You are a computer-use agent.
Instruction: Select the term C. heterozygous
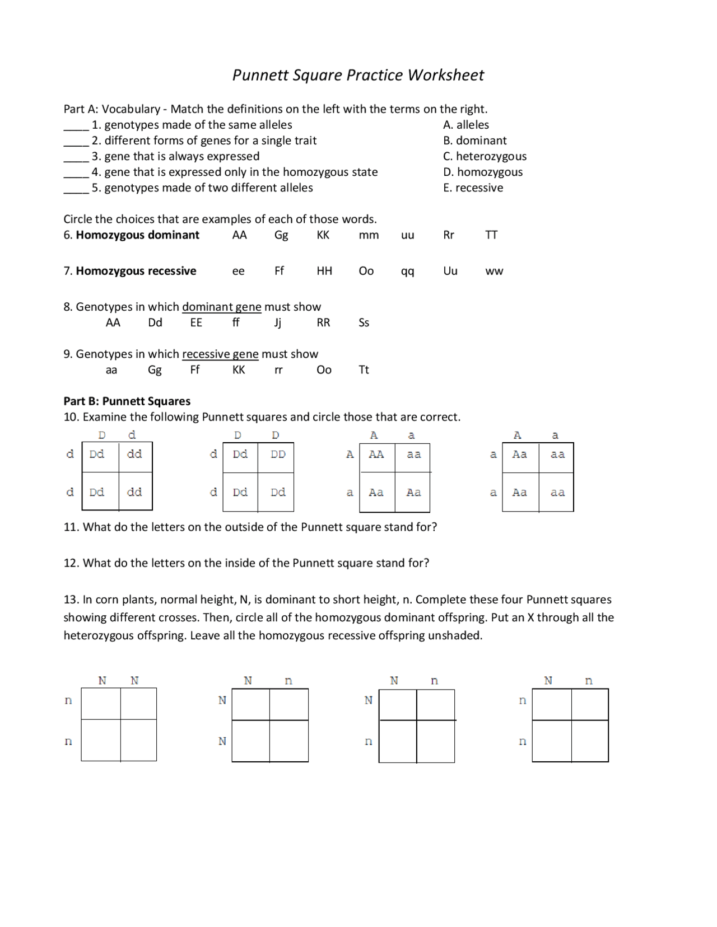pyautogui.click(x=485, y=156)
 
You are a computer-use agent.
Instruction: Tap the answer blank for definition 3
pyautogui.click(x=76, y=157)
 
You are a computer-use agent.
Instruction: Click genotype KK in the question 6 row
pyautogui.click(x=323, y=235)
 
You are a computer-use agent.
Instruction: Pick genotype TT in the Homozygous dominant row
pyautogui.click(x=491, y=235)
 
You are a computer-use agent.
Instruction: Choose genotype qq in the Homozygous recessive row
pyautogui.click(x=407, y=271)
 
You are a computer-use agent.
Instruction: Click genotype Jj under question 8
pyautogui.click(x=277, y=323)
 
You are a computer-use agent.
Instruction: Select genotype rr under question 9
pyautogui.click(x=278, y=370)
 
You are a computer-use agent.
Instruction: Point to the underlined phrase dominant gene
pyautogui.click(x=221, y=307)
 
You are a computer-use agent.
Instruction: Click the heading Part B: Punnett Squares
pyautogui.click(x=127, y=401)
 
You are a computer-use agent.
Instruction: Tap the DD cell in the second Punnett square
pyautogui.click(x=278, y=455)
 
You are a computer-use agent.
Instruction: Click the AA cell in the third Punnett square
pyautogui.click(x=376, y=455)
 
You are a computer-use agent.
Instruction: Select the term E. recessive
pyautogui.click(x=473, y=188)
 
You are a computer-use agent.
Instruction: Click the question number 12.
pyautogui.click(x=71, y=563)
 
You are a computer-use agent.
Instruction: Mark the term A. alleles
pyautogui.click(x=465, y=125)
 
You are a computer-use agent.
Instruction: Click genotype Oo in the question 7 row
pyautogui.click(x=366, y=271)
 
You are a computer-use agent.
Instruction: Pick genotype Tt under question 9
pyautogui.click(x=364, y=370)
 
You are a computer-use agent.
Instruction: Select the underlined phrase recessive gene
pyautogui.click(x=220, y=354)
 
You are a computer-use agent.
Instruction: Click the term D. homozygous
pyautogui.click(x=482, y=172)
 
